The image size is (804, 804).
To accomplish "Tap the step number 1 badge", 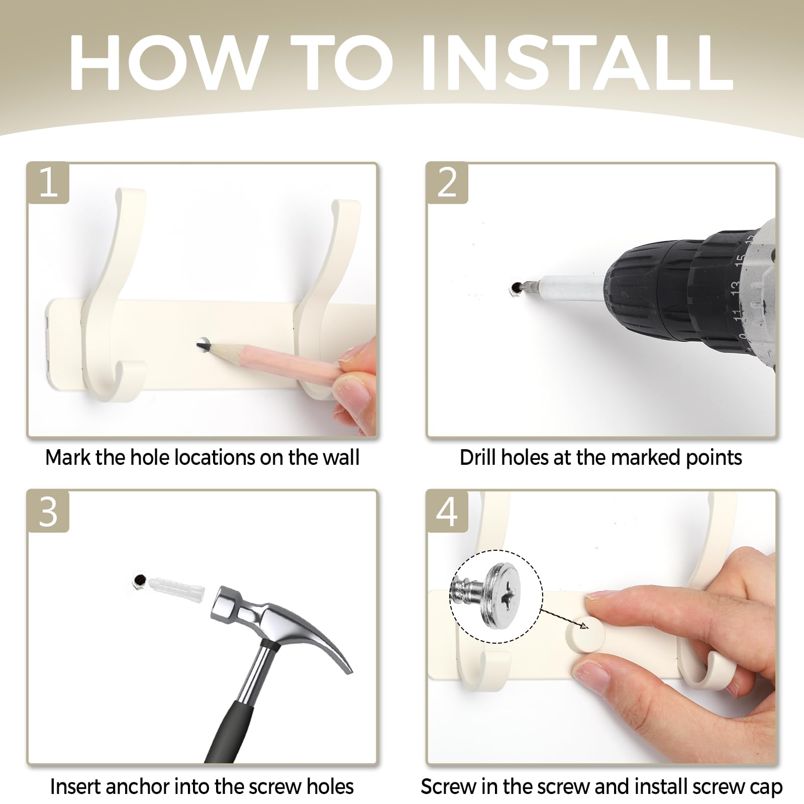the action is point(48,183).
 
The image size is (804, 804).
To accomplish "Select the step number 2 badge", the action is point(447,183).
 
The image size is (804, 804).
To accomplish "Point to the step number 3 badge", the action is point(48,512).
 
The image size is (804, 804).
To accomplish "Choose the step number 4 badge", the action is point(447,512).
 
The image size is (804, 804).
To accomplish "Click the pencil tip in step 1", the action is point(202,345).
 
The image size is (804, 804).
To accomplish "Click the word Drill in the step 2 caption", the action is point(478,457).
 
